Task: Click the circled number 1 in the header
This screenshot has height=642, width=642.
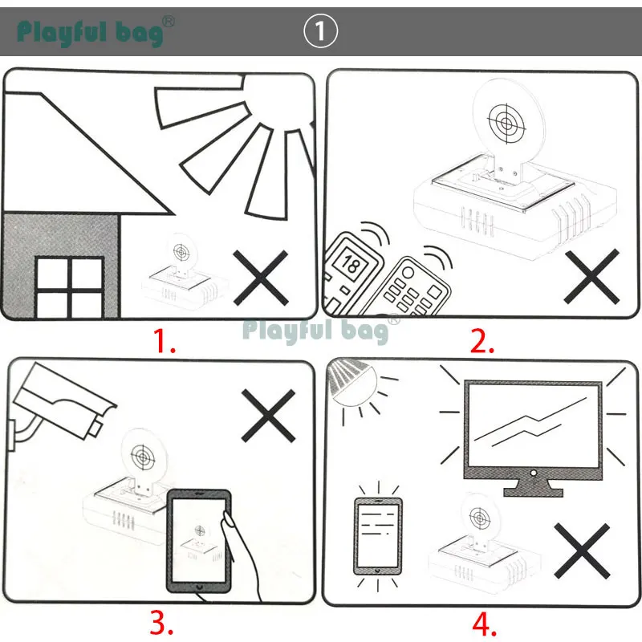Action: (322, 31)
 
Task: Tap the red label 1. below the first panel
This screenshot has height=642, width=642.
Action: (165, 342)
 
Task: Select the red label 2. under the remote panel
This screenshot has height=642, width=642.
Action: (481, 342)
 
